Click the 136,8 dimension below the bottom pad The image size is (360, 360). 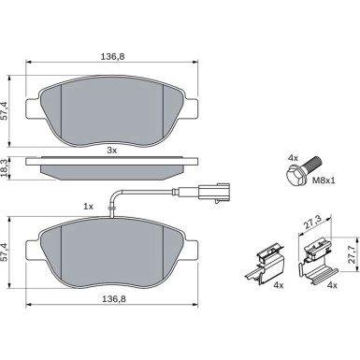[114, 299]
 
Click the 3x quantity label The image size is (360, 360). [111, 151]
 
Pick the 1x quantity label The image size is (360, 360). [88, 207]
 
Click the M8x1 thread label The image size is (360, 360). [324, 180]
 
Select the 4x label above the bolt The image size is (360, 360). [293, 158]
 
